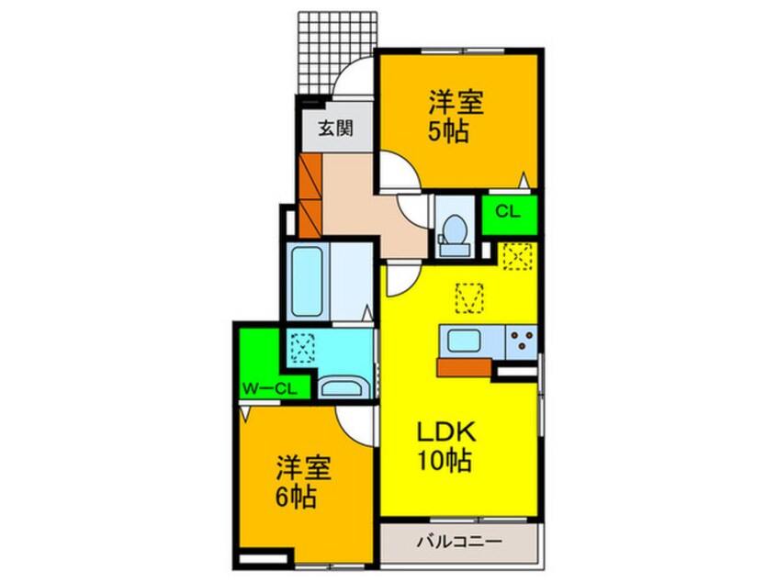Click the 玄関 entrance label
coord(333,129)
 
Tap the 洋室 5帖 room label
coord(449,117)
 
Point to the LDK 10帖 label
coord(448,444)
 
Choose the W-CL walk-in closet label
coord(268,388)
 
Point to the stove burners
coord(522,341)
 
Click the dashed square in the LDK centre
coord(469,297)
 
